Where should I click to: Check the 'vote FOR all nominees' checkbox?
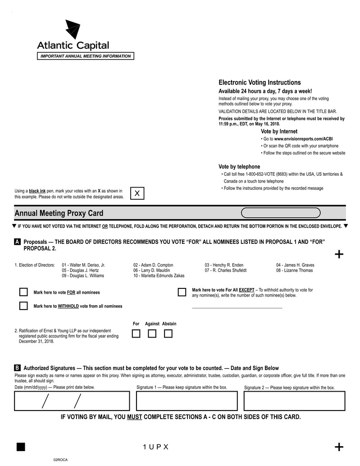coord(23,292)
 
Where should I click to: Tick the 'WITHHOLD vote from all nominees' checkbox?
coord(23,306)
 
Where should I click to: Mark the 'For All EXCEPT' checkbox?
coord(182,292)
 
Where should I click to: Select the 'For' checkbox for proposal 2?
coord(136,334)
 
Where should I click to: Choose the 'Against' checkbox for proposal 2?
coord(152,334)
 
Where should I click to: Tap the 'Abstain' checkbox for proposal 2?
coord(168,334)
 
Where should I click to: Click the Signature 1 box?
coord(187,401)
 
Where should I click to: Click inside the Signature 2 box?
coord(294,401)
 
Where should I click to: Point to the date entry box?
coord(72,401)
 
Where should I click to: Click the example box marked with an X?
coord(137,193)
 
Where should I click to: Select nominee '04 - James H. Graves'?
coord(295,265)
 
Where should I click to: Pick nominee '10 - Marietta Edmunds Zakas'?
coord(159,276)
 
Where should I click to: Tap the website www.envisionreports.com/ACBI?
coord(303,139)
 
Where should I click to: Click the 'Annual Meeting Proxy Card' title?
coord(59,213)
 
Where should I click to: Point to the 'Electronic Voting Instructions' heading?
coord(260,82)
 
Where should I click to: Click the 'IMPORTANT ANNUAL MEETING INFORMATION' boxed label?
coord(85,56)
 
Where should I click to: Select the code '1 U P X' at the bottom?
coord(155,447)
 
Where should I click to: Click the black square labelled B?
coord(17,368)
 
